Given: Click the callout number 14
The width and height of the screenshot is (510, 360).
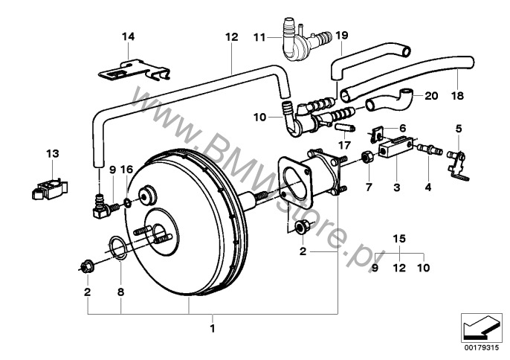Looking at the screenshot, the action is coord(128,36).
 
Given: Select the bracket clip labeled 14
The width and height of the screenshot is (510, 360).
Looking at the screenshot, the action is coord(134,70).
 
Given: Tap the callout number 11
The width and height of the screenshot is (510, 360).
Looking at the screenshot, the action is coord(259,37).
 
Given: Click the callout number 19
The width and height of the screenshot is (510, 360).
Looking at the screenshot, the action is coord(341,35).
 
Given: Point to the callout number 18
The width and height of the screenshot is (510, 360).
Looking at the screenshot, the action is coord(457,96).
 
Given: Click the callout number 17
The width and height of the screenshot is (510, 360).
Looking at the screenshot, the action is coord(344,145).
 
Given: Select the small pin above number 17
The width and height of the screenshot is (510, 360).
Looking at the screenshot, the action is coord(345,127).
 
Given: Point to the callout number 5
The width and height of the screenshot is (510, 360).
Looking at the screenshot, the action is coord(458,129).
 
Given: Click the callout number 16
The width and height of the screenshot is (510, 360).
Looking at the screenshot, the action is coord(126,170).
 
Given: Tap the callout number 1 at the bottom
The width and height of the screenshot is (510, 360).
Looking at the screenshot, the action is coord(213,329).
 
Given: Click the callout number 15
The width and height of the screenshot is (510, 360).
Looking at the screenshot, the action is coord(399,239).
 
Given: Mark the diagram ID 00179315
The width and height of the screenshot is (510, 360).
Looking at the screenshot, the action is coord(481,347).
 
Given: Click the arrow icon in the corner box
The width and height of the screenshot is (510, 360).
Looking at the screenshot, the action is coord(481,328).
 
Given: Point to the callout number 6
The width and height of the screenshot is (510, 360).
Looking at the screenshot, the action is coord(403,128).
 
